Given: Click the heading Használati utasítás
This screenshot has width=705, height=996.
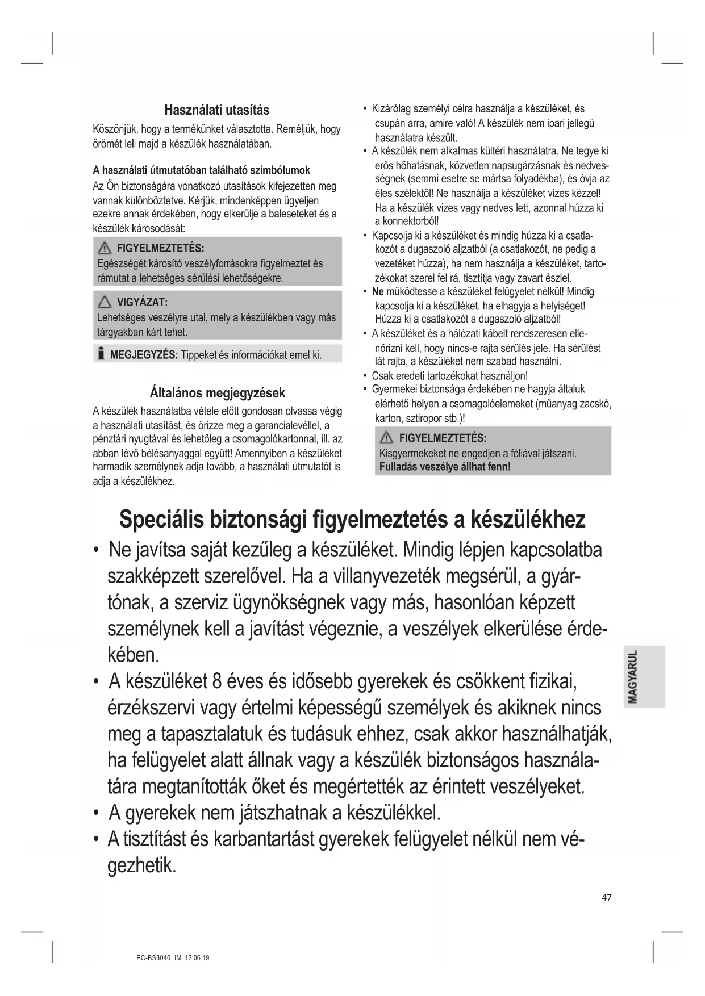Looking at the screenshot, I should point(216,110).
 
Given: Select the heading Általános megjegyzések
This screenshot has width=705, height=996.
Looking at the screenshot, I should point(217,393).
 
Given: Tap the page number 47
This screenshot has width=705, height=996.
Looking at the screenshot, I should point(606,898).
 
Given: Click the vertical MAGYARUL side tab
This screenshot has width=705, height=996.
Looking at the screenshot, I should point(644,676).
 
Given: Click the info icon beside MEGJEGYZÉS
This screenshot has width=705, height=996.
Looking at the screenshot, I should point(101,354).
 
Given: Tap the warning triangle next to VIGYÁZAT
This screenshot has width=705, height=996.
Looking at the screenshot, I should point(105,302).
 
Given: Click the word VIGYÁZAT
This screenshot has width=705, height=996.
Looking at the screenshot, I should point(142,302).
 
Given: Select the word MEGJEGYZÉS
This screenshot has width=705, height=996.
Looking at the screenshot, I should point(144,355).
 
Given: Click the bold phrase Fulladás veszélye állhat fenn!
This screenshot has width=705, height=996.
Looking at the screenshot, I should point(445,467).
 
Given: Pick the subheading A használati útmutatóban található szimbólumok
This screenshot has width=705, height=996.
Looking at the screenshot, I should point(201,170).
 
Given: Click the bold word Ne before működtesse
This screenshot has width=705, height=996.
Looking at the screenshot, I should point(378,292).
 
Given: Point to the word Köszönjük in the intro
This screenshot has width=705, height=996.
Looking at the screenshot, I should point(114,129).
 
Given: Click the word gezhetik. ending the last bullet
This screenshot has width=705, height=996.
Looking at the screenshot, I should point(141,865).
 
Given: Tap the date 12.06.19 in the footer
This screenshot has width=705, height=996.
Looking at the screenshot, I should point(197,958).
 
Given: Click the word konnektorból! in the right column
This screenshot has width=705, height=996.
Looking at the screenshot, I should point(407,221).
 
